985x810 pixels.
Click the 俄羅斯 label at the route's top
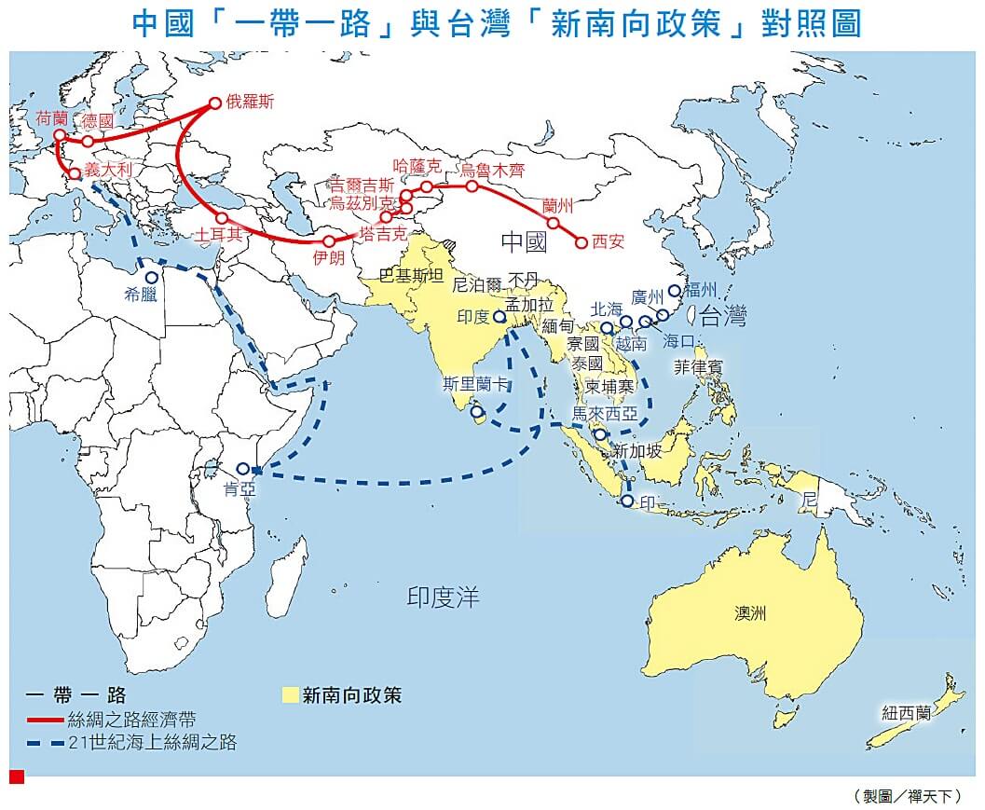(251, 103)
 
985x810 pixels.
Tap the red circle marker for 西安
(581, 242)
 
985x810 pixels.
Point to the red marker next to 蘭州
(554, 223)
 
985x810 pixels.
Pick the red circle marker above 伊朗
(329, 241)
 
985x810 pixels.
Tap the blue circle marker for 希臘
(151, 278)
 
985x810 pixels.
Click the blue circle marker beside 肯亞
(243, 469)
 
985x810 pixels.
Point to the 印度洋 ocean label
(444, 597)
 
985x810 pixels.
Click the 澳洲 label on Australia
(750, 613)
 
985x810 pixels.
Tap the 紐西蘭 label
(907, 713)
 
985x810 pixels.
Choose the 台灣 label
(724, 317)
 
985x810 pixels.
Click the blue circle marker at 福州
(674, 291)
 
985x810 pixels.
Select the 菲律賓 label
(699, 367)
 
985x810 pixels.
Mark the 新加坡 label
(637, 451)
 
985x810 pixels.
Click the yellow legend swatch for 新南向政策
(290, 694)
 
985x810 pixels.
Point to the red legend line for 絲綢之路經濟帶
(46, 720)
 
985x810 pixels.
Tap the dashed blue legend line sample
(46, 743)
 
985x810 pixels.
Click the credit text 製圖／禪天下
(907, 796)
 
